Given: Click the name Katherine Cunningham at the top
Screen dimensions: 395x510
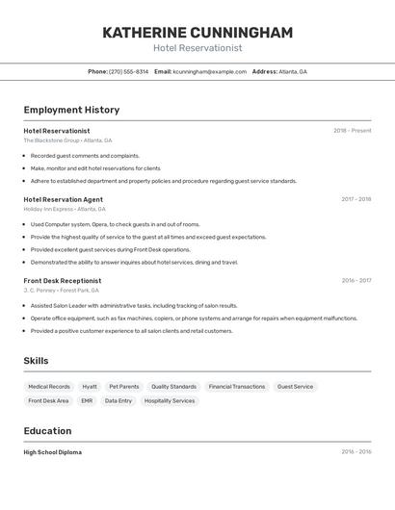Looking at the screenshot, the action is click(x=197, y=33).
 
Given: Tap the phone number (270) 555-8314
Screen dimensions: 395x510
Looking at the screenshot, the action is click(x=128, y=71).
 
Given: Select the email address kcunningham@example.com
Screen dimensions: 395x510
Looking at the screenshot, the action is click(x=209, y=71).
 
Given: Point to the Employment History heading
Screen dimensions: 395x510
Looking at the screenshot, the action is click(x=71, y=111).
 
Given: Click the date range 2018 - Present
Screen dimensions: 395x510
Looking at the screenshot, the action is click(x=352, y=131).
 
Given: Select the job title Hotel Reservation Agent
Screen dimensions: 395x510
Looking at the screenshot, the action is click(x=64, y=199).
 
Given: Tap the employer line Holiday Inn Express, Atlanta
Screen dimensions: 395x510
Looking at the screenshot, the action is click(x=65, y=209).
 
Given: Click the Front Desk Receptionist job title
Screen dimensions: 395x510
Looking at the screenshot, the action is click(x=63, y=281).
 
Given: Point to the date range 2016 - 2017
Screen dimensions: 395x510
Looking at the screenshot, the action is click(x=355, y=281).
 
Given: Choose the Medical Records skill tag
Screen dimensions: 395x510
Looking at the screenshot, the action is click(x=49, y=387).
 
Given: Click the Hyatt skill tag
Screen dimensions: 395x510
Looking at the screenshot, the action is click(x=90, y=387).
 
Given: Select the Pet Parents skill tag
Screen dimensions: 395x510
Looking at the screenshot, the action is click(x=124, y=387).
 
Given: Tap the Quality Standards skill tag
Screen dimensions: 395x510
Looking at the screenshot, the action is click(x=173, y=387).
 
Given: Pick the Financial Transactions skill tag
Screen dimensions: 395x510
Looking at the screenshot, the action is click(x=236, y=387).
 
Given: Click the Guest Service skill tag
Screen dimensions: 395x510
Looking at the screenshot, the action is click(x=295, y=387).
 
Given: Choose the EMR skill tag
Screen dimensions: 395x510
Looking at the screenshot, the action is click(x=87, y=400).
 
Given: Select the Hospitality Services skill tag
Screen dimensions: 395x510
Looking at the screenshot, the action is click(x=170, y=400).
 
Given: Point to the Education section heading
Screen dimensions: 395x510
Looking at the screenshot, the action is click(x=48, y=431).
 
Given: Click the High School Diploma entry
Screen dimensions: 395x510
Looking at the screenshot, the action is click(x=53, y=452).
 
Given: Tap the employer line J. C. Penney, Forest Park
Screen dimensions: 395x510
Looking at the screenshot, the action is click(x=61, y=290).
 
